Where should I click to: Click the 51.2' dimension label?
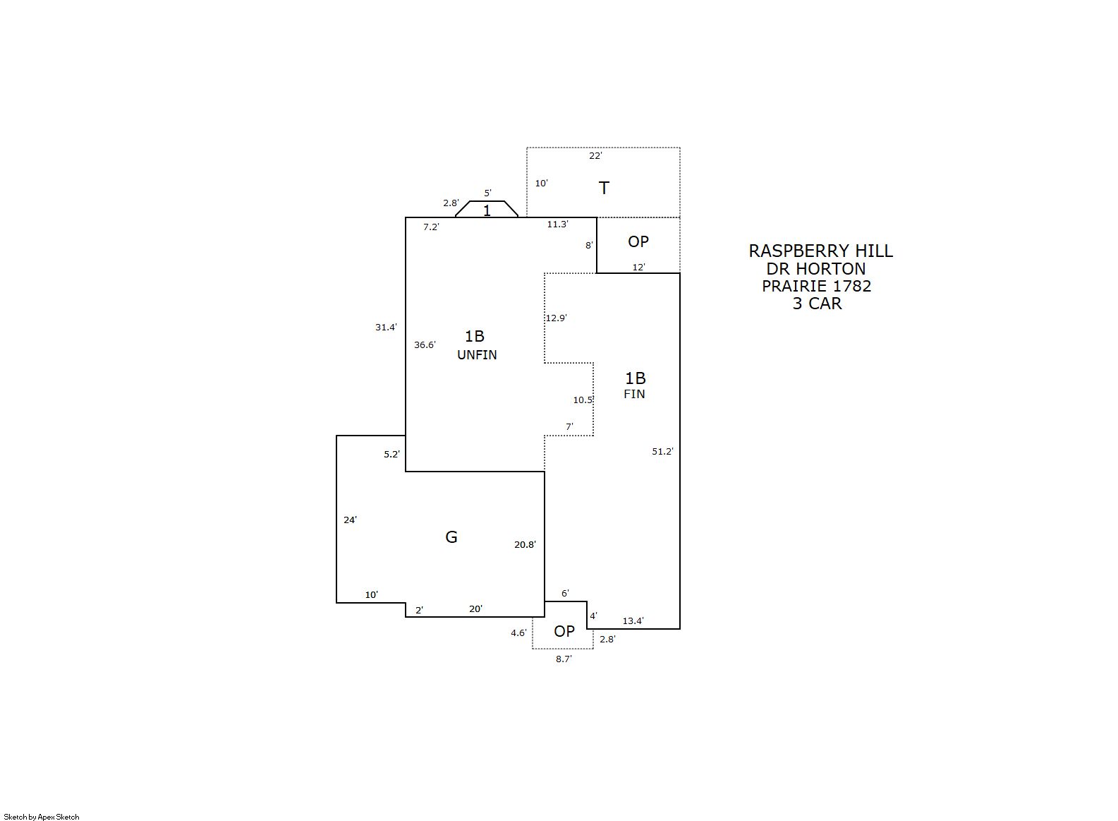[x=662, y=452]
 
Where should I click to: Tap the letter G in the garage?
[x=451, y=537]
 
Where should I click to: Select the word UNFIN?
[x=477, y=354]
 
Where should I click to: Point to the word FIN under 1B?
[x=634, y=394]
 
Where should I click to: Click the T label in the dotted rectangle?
[x=604, y=188]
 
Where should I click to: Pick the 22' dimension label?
[x=595, y=156]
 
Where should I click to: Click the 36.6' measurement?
[x=425, y=344]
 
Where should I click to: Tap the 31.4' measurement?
[x=387, y=327]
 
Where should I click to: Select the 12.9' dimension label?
[x=557, y=318]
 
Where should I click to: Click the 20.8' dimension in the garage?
[x=525, y=544]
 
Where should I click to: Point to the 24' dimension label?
[x=351, y=520]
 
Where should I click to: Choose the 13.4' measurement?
[x=633, y=621]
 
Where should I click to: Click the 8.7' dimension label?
[x=564, y=659]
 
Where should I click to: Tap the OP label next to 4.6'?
[x=564, y=631]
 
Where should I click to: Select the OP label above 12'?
[x=638, y=241]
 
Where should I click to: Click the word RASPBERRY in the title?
[x=793, y=251]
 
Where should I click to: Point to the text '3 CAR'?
[x=817, y=304]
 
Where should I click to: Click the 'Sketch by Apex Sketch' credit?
[x=42, y=817]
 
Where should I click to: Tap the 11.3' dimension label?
[x=557, y=224]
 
